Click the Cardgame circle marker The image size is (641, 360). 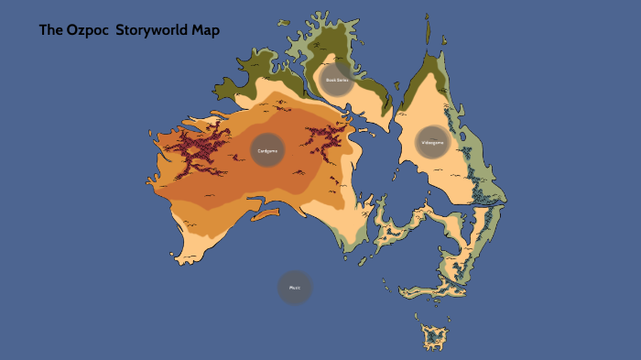267,150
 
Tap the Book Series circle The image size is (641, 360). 337,80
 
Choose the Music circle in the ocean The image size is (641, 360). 295,288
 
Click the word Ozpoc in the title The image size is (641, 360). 87,30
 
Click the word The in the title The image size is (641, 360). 49,30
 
